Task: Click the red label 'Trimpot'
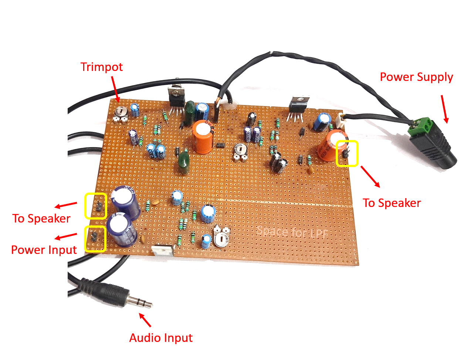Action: (102, 67)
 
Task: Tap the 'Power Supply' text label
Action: (416, 77)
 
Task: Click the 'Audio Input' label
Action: (161, 338)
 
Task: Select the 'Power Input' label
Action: (44, 250)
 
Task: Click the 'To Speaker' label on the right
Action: (392, 203)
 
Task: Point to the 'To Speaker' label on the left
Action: (41, 218)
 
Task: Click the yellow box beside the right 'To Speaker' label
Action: (347, 153)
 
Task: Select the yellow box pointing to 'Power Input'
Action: (95, 239)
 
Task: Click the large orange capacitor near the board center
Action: (202, 137)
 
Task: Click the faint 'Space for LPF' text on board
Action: (292, 232)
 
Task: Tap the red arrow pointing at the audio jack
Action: (145, 320)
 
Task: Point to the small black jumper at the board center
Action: (220, 145)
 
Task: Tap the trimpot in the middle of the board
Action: (241, 152)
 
